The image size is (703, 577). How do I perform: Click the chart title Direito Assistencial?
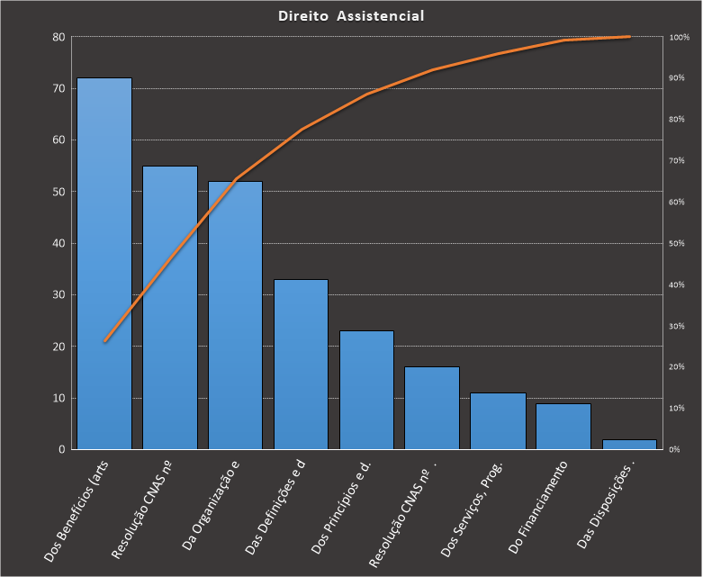(x=351, y=16)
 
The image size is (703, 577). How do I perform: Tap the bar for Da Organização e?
(x=235, y=315)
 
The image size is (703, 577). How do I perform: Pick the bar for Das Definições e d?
(x=301, y=364)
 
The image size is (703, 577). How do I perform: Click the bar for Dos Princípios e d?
(x=366, y=390)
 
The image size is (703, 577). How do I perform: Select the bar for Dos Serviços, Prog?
(x=498, y=420)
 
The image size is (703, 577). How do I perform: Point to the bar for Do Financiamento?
(x=563, y=426)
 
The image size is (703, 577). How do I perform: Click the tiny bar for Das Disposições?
(x=629, y=444)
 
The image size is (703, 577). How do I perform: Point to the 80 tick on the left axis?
(x=59, y=37)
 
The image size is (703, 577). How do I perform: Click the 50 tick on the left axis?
(x=59, y=192)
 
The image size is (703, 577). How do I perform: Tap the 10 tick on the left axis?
(x=59, y=398)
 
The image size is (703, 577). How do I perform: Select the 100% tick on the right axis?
(x=679, y=37)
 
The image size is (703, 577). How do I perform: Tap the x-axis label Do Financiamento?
(x=538, y=509)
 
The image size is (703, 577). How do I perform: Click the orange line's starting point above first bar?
(x=104, y=341)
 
